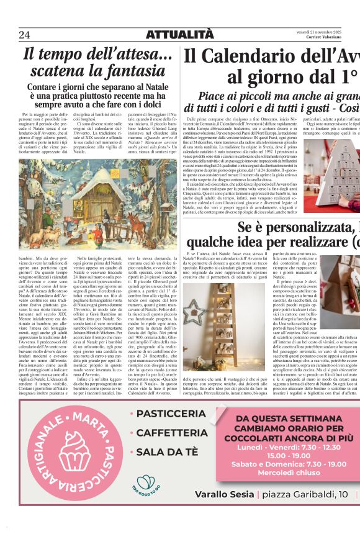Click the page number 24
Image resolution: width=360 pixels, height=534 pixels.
pyautogui.click(x=24, y=34)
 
